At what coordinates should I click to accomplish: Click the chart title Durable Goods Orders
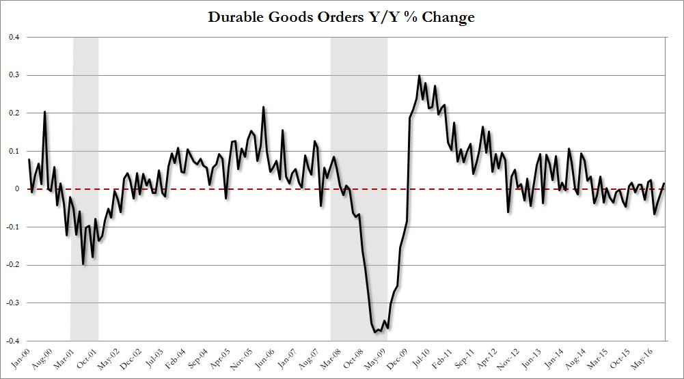[x=342, y=17]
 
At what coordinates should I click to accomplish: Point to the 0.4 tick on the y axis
[x=14, y=37]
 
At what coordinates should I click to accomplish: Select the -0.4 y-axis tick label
[x=13, y=341]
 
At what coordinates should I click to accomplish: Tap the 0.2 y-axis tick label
[x=14, y=113]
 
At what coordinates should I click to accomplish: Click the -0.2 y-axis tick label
[x=13, y=265]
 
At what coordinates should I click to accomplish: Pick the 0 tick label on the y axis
[x=17, y=189]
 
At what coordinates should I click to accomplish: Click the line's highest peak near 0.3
[x=419, y=76]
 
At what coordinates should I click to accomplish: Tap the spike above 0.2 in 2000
[x=45, y=111]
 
